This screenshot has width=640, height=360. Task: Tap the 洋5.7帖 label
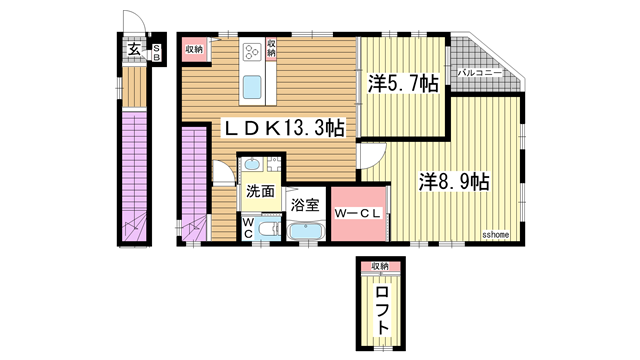point(402,84)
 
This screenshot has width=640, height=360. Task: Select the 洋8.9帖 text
point(453,182)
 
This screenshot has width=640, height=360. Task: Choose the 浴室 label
point(304,204)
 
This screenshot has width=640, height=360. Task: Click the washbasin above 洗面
point(253,166)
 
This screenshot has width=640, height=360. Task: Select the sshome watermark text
point(496,235)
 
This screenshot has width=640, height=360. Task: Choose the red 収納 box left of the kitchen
point(193,48)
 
